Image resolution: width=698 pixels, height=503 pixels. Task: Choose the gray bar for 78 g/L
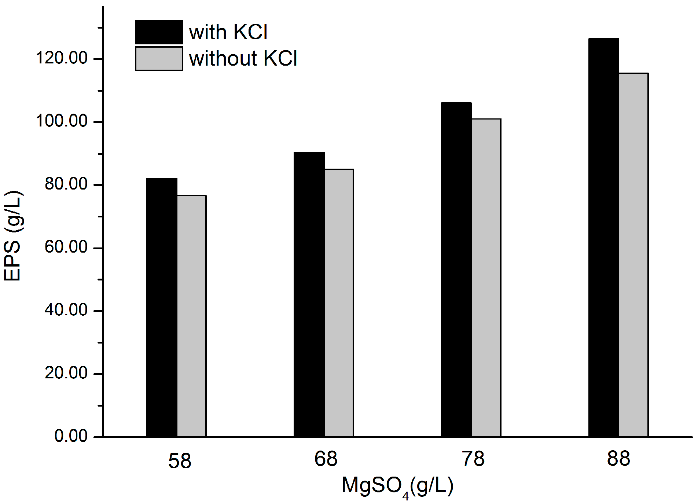click(486, 278)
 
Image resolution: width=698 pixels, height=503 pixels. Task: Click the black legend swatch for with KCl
click(159, 32)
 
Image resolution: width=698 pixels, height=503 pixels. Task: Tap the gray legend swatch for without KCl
click(159, 58)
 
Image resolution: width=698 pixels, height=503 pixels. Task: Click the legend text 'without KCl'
click(243, 58)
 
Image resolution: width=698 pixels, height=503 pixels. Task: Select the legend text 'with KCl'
click(228, 32)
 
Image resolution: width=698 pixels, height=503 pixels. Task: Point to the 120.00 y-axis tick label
click(62, 58)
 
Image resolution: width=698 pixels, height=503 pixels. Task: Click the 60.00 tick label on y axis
click(66, 247)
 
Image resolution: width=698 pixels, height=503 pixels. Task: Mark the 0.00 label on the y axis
click(71, 436)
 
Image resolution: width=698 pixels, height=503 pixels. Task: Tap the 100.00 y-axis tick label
click(62, 121)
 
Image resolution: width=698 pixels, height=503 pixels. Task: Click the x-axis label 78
click(473, 459)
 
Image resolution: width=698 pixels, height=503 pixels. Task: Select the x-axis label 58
click(180, 461)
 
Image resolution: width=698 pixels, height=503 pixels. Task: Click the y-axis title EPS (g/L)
click(13, 236)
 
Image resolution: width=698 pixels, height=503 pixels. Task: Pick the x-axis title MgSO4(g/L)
click(397, 486)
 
